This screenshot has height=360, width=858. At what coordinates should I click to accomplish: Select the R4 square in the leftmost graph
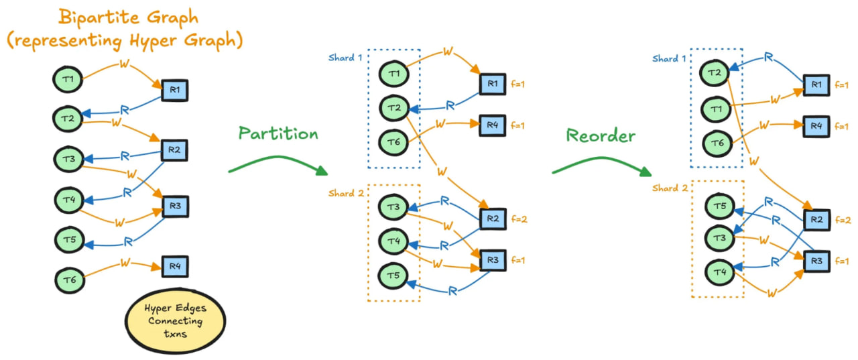pos(175,267)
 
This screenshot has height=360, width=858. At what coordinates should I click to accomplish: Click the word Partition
pos(278,133)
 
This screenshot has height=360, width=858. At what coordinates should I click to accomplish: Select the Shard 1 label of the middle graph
pos(345,58)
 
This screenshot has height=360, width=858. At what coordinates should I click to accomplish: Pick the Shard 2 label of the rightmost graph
pos(670,188)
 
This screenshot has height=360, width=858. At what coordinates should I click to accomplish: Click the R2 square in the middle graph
pos(493,219)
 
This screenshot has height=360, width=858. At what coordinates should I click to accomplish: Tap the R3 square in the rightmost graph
pos(816,261)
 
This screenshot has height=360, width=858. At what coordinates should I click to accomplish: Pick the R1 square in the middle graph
pos(493,84)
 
